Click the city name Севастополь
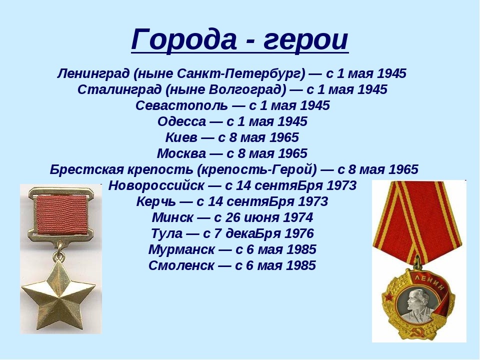click(x=182, y=105)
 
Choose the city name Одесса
click(x=181, y=121)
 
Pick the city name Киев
click(x=181, y=137)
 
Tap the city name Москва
click(x=181, y=153)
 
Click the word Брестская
click(x=86, y=169)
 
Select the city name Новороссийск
click(x=156, y=185)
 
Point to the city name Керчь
click(x=156, y=201)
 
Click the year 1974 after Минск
click(x=298, y=217)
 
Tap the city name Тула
click(x=166, y=233)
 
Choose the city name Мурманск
click(x=181, y=249)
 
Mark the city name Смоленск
click(x=181, y=265)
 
